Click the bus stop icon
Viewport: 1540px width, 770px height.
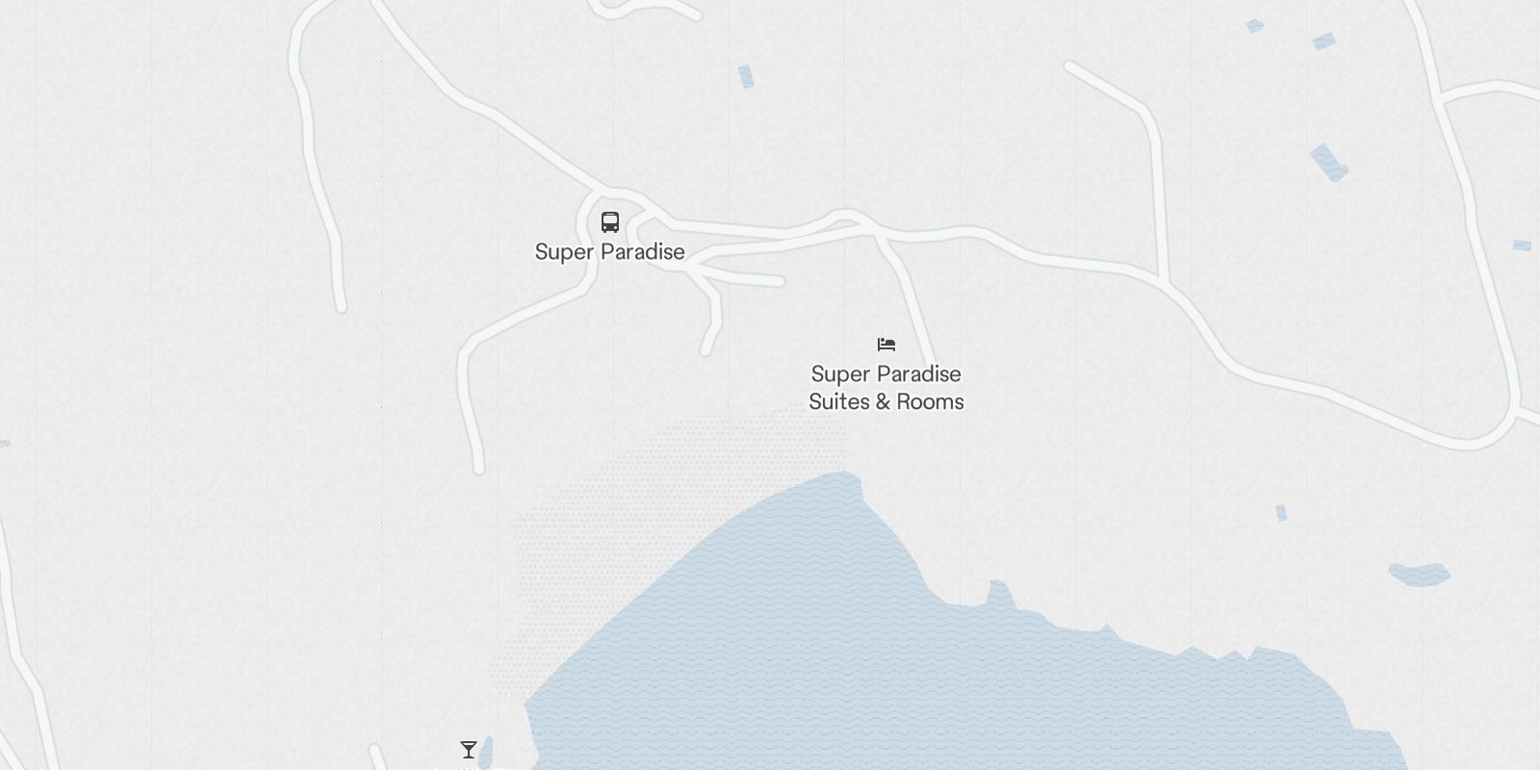609,222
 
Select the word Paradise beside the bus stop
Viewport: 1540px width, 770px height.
640,252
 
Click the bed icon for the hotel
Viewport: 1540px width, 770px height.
886,344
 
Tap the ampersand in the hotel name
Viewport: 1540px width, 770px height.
885,401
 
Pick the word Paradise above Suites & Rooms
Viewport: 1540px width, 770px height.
916,373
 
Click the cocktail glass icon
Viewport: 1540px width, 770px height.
469,750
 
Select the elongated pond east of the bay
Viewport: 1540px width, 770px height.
1420,575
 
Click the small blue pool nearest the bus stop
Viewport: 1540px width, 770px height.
746,76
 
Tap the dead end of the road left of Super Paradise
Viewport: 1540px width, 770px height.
341,307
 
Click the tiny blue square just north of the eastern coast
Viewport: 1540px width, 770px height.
1281,513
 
